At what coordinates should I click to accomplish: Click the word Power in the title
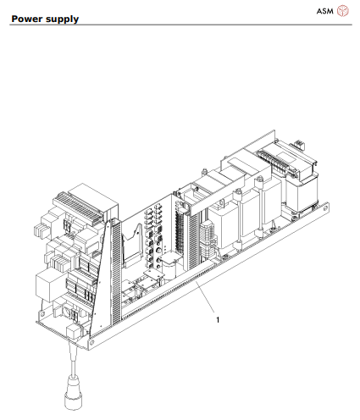tap(28, 18)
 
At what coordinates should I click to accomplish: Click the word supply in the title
tap(64, 19)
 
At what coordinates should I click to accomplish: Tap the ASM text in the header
tap(325, 10)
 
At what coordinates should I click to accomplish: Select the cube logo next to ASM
tap(343, 10)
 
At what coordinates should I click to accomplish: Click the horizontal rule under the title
tap(180, 25)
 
